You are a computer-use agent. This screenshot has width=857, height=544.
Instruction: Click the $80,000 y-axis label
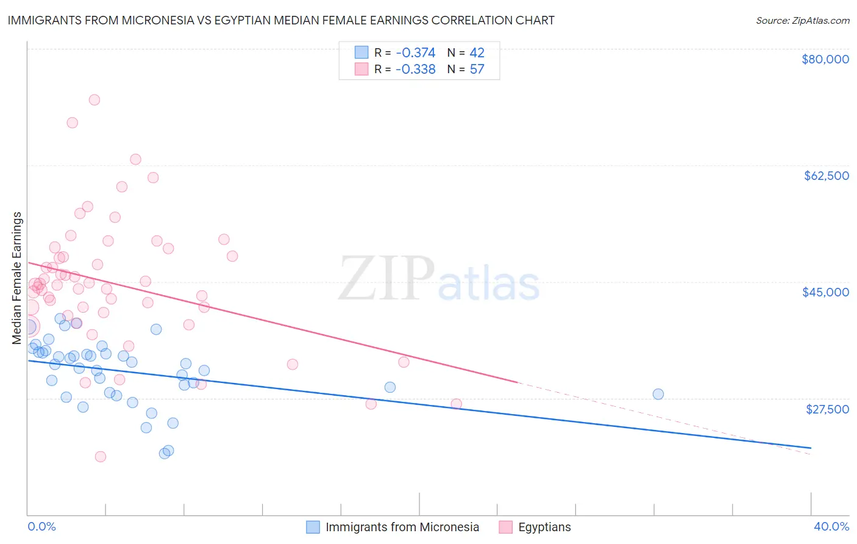(825, 59)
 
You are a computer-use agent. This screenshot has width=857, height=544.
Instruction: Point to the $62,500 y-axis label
(826, 176)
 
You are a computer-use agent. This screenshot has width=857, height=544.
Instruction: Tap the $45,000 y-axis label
(825, 292)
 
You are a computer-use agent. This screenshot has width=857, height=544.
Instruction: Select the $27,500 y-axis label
(827, 409)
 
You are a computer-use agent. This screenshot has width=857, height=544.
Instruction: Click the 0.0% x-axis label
(41, 526)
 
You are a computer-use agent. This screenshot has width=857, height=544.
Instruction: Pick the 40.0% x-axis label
(831, 526)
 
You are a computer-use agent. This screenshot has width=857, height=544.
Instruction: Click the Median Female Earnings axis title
(17, 278)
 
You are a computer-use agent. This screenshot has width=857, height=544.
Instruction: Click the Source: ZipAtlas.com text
(802, 20)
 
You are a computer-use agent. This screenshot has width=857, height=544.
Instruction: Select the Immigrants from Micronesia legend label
(402, 527)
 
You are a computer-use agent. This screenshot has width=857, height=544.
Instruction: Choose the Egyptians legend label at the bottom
(544, 527)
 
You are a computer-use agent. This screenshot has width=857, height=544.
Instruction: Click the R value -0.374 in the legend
(415, 52)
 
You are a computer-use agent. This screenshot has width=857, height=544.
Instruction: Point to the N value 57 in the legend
(477, 69)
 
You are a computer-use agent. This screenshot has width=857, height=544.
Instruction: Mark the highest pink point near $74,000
(94, 100)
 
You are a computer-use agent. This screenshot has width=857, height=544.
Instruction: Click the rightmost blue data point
(658, 394)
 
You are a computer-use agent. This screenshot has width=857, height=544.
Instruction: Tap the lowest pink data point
(101, 457)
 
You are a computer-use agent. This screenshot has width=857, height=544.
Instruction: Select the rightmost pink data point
(456, 404)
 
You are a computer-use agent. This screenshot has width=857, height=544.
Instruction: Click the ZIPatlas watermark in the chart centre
(439, 279)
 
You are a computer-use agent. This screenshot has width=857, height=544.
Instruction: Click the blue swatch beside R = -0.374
(361, 52)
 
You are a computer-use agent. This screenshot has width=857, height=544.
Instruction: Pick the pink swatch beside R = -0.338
(361, 69)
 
